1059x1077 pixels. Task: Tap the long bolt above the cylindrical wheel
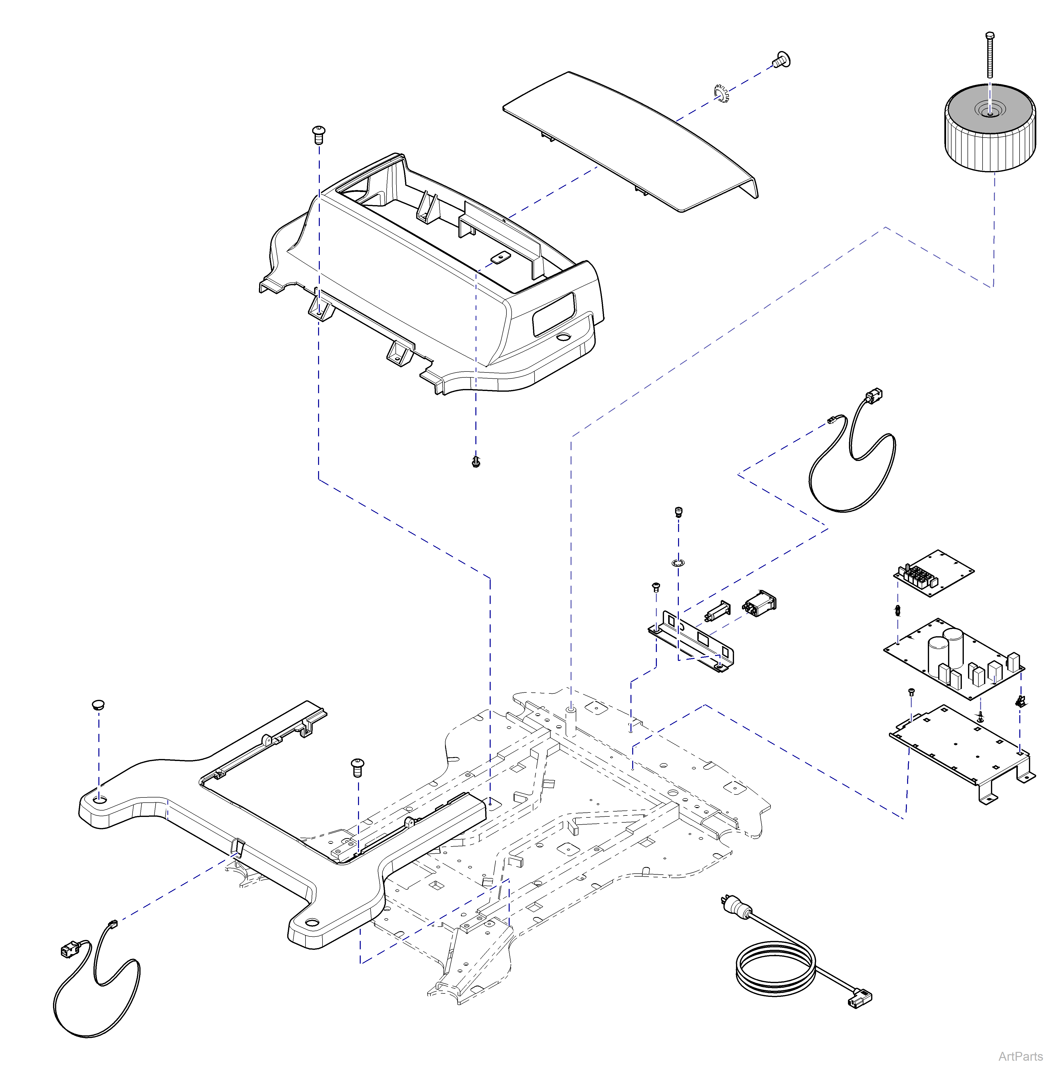pyautogui.click(x=989, y=56)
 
